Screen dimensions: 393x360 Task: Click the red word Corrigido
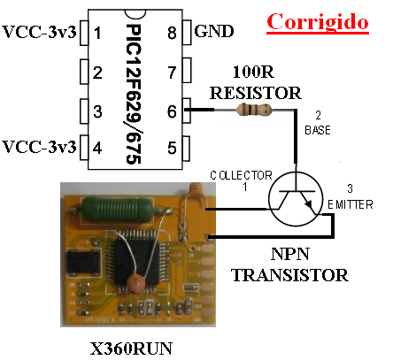[x=318, y=22]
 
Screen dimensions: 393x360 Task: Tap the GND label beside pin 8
[x=214, y=31]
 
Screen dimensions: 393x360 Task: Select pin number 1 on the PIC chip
[x=97, y=33]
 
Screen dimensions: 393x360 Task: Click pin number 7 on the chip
[x=172, y=73]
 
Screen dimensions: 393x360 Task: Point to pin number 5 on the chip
[x=172, y=148]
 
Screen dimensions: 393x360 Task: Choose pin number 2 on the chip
[x=97, y=73]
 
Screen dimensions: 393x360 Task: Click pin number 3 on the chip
[x=97, y=111]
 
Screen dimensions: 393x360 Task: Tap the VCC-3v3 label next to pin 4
[x=39, y=147]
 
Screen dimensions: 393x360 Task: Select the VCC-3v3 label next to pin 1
[x=39, y=32]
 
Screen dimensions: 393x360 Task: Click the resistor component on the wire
[x=253, y=110]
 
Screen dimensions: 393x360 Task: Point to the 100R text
[x=253, y=72]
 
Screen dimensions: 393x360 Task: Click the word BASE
[x=318, y=130]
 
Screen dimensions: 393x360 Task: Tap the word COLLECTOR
[x=241, y=176]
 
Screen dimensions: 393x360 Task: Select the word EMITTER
[x=351, y=204]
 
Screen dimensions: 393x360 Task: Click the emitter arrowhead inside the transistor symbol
[x=309, y=204]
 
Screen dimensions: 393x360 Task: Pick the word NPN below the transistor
[x=290, y=254]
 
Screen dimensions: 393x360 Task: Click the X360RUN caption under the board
[x=131, y=349]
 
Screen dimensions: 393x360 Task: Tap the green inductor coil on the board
[x=117, y=209]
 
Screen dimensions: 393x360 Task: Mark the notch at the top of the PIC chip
[x=135, y=13]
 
